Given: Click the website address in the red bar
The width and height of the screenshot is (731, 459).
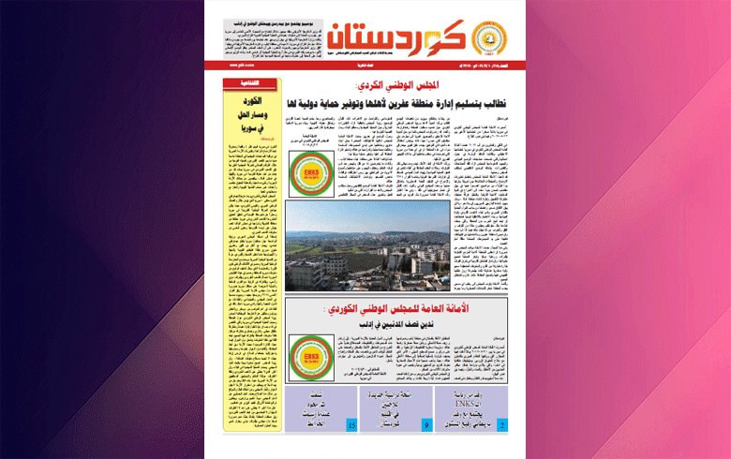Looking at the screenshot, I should pos(241,67).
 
